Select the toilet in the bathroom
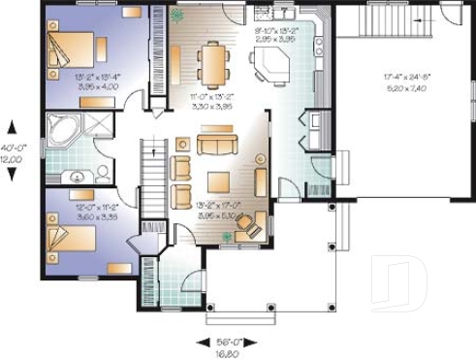(102, 174)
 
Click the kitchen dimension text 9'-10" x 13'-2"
(275, 35)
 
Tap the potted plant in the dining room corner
(175, 16)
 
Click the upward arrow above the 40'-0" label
(13, 125)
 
